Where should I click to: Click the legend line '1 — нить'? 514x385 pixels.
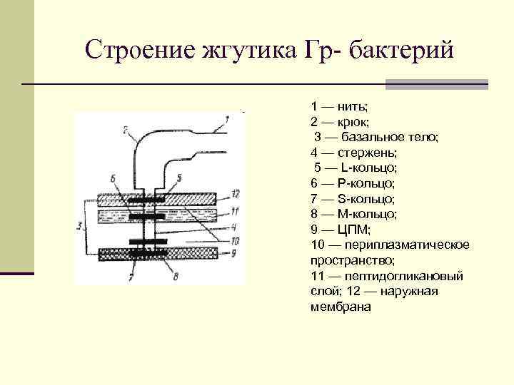[339, 106]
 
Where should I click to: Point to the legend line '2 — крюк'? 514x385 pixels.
[339, 121]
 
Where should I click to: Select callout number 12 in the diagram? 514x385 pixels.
[236, 194]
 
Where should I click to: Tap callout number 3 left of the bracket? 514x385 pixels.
[79, 227]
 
